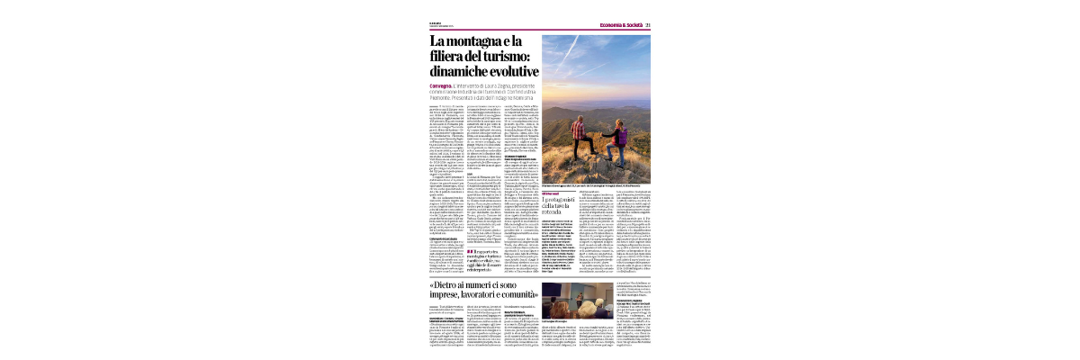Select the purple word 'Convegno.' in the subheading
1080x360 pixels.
443,86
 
